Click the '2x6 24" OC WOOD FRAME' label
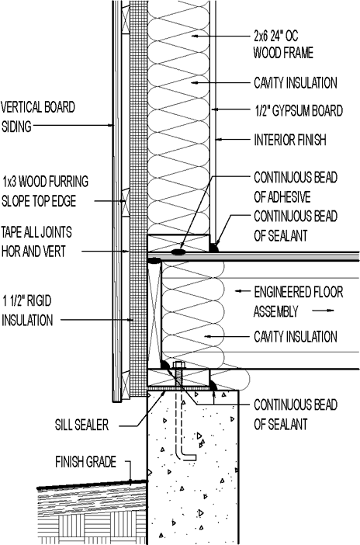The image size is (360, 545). pyautogui.click(x=283, y=44)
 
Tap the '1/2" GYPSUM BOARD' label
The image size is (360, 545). pyautogui.click(x=299, y=111)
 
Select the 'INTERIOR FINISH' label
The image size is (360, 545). pyautogui.click(x=290, y=140)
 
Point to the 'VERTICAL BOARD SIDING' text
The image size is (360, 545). pyautogui.click(x=38, y=116)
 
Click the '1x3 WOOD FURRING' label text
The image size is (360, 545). pyautogui.click(x=46, y=182)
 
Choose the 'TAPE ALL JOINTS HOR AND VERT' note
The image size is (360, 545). pyautogui.click(x=36, y=241)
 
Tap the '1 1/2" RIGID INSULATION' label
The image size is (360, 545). pyautogui.click(x=27, y=311)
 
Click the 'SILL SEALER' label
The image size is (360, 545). pyautogui.click(x=81, y=425)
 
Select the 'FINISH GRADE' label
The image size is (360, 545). pyautogui.click(x=85, y=462)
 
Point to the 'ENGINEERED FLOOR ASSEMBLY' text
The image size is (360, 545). pyautogui.click(x=298, y=301)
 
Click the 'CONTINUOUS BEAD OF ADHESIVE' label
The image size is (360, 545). pyautogui.click(x=296, y=187)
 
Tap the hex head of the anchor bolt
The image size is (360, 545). pyautogui.click(x=178, y=365)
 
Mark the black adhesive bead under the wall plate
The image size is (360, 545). pyautogui.click(x=178, y=251)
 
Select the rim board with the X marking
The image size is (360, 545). pyautogui.click(x=154, y=312)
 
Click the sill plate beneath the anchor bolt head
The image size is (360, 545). pyautogui.click(x=178, y=377)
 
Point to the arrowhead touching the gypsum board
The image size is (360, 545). pyautogui.click(x=214, y=109)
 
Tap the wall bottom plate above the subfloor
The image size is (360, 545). pyautogui.click(x=178, y=243)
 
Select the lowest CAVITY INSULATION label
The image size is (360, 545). pyautogui.click(x=296, y=336)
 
